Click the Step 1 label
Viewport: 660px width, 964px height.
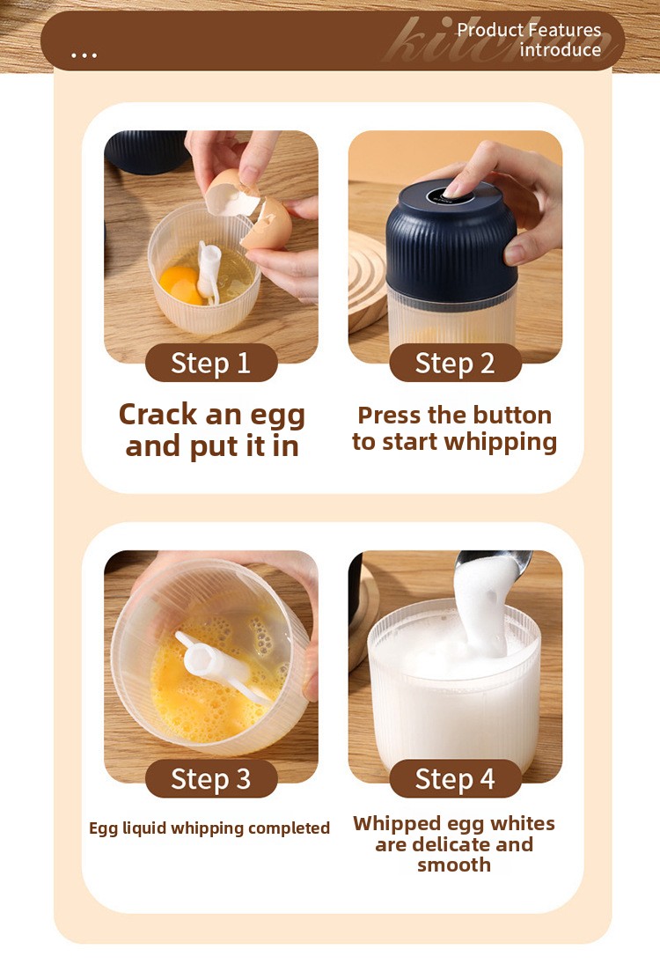(211, 363)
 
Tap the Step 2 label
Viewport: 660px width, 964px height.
(455, 363)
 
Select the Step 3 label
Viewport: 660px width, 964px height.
(211, 778)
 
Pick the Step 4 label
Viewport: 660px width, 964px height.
(455, 778)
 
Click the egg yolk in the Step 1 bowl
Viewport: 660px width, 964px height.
(179, 284)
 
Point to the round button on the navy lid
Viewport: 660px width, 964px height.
(450, 196)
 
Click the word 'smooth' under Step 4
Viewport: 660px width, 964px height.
(454, 865)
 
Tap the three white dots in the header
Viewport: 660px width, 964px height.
(84, 55)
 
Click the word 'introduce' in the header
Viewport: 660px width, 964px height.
(561, 49)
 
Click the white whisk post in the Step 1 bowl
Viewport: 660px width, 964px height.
(207, 271)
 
